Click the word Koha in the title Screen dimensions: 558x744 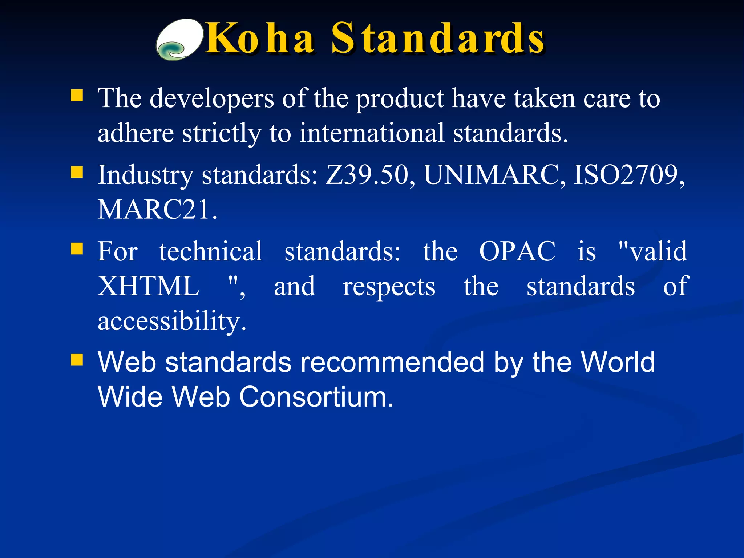(259, 39)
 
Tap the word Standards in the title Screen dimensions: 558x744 (437, 39)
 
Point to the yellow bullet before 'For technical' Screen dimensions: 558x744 (77, 249)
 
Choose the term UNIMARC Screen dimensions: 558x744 (494, 175)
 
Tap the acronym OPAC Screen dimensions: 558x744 (517, 251)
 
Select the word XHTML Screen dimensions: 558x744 (149, 286)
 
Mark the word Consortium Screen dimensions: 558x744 (316, 397)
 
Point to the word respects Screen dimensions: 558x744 (389, 287)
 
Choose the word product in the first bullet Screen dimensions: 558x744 (400, 99)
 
